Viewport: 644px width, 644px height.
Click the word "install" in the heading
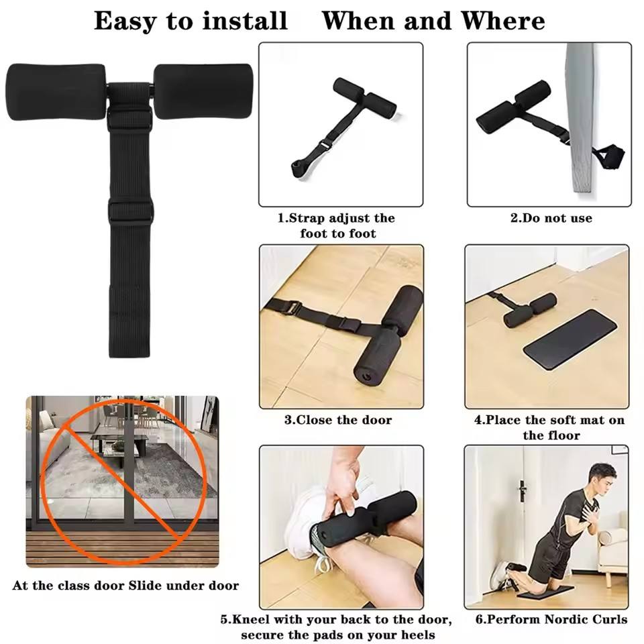pyautogui.click(x=245, y=21)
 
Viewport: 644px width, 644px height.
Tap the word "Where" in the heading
pyautogui.click(x=503, y=21)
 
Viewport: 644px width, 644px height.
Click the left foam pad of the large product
pyautogui.click(x=56, y=92)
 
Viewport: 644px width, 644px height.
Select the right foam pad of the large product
pyautogui.click(x=203, y=91)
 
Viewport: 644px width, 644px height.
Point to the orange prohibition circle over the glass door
pyautogui.click(x=122, y=481)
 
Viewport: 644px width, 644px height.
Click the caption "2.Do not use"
pyautogui.click(x=551, y=217)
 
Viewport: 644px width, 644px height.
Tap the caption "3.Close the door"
pyautogui.click(x=338, y=420)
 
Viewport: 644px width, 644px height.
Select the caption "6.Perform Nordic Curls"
pyautogui.click(x=551, y=619)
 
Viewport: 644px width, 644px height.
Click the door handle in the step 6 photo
pyautogui.click(x=523, y=491)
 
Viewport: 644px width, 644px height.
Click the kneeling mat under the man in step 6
pyautogui.click(x=545, y=592)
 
